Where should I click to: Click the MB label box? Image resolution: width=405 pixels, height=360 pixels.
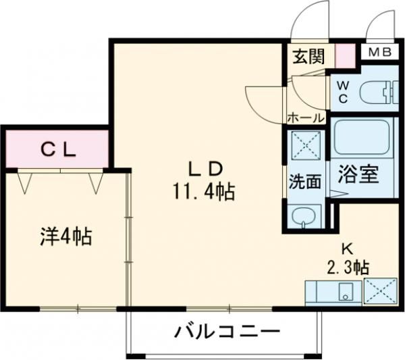[380, 53]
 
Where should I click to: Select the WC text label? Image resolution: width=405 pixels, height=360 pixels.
[343, 92]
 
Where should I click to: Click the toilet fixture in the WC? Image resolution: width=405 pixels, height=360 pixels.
[379, 92]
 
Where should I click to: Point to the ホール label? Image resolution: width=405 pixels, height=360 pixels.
[306, 118]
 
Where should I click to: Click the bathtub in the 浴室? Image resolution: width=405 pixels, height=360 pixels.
[362, 138]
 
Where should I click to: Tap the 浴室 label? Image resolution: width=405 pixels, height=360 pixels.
[358, 174]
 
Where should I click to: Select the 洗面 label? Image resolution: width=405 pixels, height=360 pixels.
[305, 182]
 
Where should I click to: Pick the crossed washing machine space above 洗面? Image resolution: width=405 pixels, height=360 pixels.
[306, 145]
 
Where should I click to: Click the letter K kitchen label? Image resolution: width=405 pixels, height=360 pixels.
[348, 249]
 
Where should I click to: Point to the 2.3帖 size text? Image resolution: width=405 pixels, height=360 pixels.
[348, 267]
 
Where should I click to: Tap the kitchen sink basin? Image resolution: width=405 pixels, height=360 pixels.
[346, 292]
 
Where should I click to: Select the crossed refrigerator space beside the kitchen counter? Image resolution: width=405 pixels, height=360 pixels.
[380, 291]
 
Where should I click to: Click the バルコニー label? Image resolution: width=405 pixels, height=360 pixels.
[227, 332]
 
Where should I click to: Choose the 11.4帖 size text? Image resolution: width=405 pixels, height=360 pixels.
[204, 191]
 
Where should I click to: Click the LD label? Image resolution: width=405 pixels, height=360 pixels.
[205, 170]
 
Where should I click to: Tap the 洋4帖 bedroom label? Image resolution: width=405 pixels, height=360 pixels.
[65, 236]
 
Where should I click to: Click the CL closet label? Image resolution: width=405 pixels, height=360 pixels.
[59, 149]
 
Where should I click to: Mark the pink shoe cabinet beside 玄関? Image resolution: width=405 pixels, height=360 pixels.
[346, 56]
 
